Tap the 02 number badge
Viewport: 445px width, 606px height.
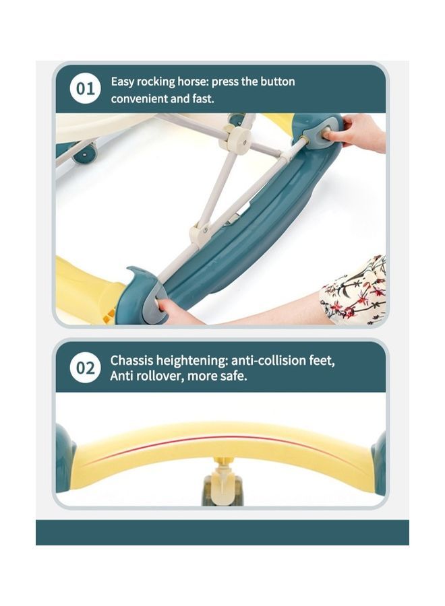pyautogui.click(x=86, y=368)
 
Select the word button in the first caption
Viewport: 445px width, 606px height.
pyautogui.click(x=276, y=82)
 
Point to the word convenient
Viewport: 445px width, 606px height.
pyautogui.click(x=140, y=99)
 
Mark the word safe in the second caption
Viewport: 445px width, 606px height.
pyautogui.click(x=233, y=376)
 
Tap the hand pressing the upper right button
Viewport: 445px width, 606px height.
pyautogui.click(x=357, y=131)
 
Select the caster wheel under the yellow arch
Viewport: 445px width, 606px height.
pyautogui.click(x=222, y=486)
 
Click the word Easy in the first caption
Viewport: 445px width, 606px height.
pyautogui.click(x=123, y=82)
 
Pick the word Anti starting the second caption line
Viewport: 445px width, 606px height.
pyautogui.click(x=122, y=376)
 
